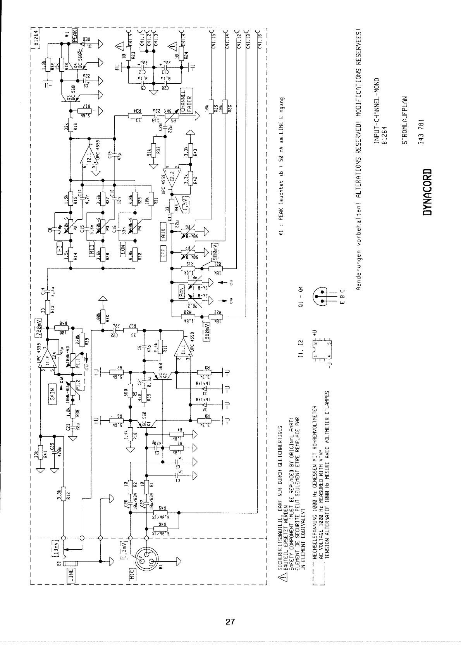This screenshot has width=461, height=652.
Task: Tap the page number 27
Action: click(x=230, y=622)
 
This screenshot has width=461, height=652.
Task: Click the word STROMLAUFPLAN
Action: click(x=404, y=120)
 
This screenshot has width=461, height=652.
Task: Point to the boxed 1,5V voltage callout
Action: click(x=186, y=203)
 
